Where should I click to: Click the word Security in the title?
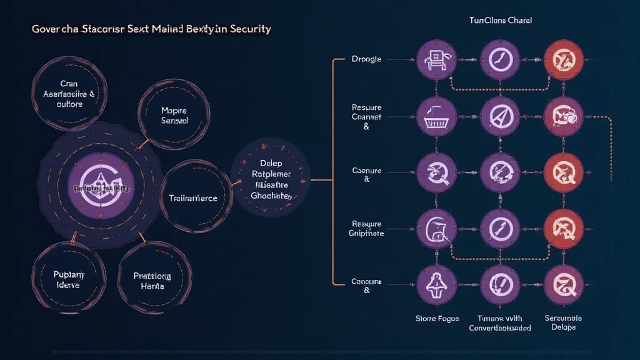pos(249,29)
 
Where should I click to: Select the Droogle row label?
pos(367,60)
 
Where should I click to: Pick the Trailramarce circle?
pos(192,197)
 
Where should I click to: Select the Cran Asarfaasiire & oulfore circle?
pos(60,93)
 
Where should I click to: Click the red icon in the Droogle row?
pos(564,60)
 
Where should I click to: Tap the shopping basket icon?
pos(436,116)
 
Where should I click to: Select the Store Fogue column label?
pos(437,319)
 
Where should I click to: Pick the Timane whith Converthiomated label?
pos(500,322)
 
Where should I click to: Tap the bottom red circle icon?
pos(564,286)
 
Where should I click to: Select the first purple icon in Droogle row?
pos(436,60)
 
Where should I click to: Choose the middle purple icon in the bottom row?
pos(500,286)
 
